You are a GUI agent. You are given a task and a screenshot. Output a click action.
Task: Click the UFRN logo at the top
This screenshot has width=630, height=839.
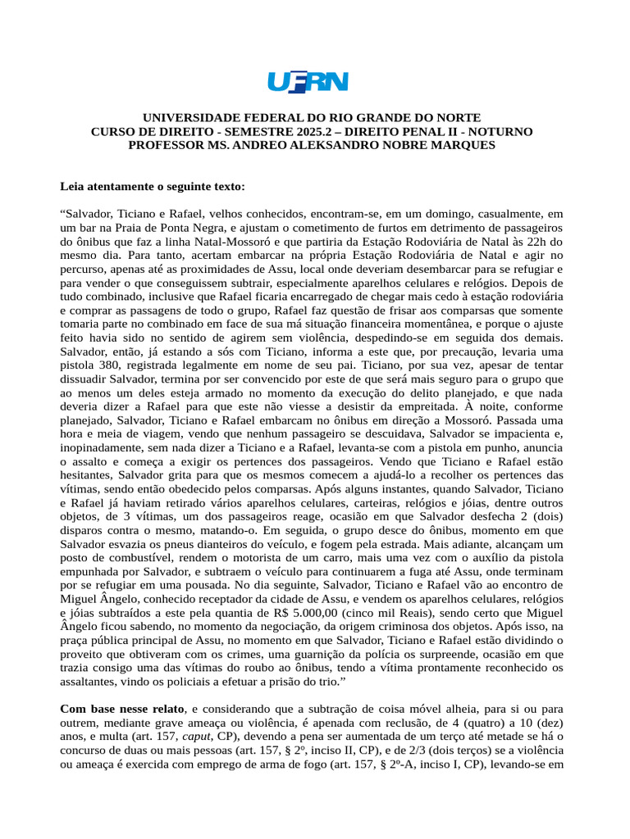click(308, 82)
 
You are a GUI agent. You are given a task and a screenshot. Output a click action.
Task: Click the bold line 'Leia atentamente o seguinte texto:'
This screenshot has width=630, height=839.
click(153, 187)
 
